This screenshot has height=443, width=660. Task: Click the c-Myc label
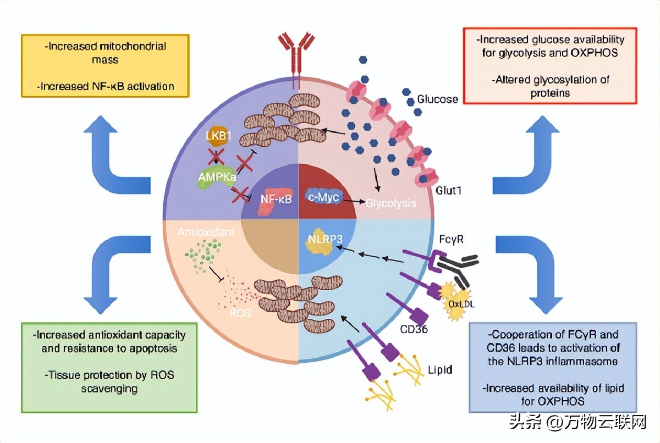[323, 196]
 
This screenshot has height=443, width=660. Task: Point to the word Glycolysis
[391, 203]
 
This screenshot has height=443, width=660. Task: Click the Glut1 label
[449, 191]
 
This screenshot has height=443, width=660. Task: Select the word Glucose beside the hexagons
[437, 99]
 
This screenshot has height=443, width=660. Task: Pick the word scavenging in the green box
[109, 389]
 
